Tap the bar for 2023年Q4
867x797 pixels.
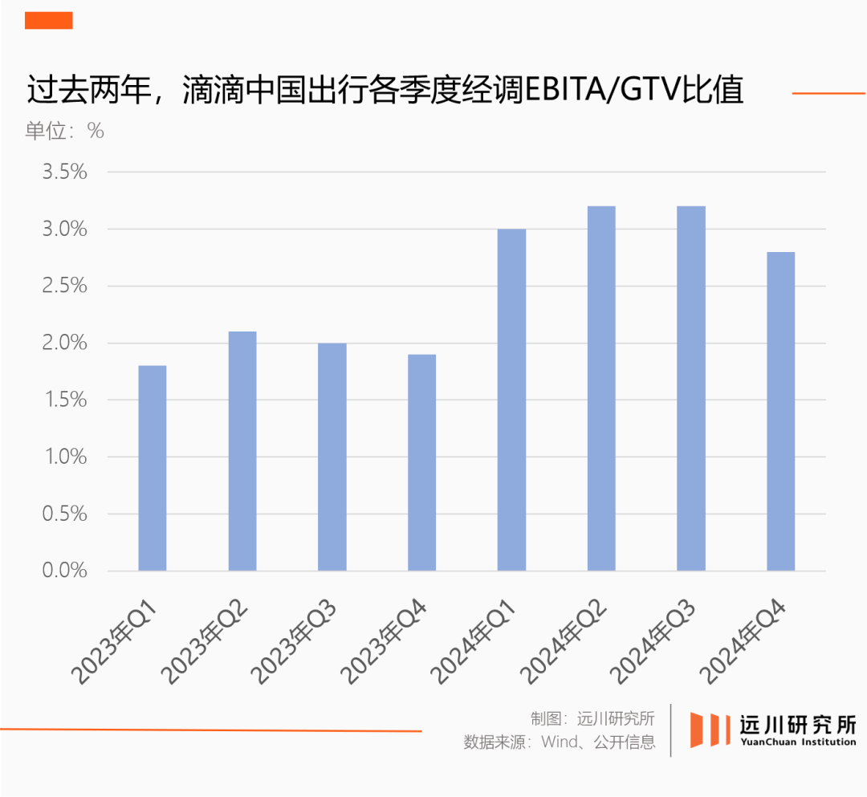[x=421, y=462]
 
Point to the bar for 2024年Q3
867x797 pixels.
[x=691, y=388]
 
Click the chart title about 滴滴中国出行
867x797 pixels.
[x=385, y=91]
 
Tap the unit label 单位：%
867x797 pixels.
[x=64, y=131]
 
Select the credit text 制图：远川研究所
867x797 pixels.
[x=592, y=718]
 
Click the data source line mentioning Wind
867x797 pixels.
[x=560, y=742]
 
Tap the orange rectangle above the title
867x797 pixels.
[x=49, y=21]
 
